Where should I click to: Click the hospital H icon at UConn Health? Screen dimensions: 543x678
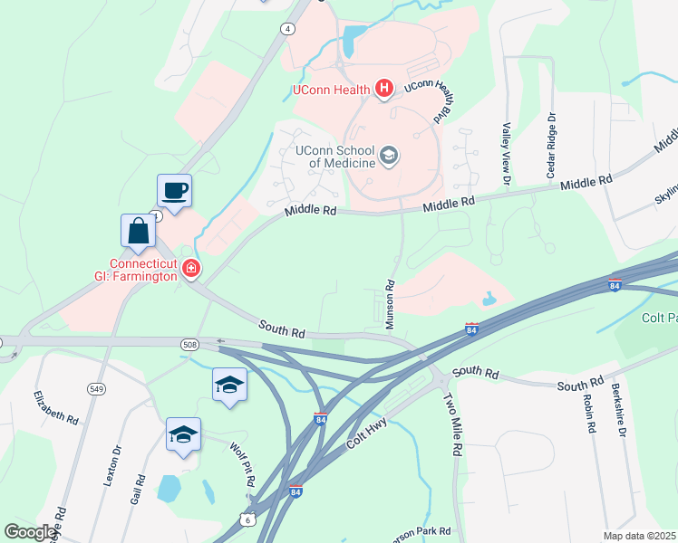click(x=383, y=89)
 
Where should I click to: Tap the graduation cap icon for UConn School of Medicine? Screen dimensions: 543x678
click(x=389, y=156)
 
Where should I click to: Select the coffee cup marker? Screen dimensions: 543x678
click(x=174, y=191)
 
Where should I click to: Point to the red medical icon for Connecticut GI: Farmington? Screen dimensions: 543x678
click(x=190, y=268)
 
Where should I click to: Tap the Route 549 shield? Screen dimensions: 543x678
click(x=97, y=388)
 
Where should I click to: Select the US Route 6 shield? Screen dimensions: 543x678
click(x=248, y=519)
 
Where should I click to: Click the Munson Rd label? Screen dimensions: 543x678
click(x=391, y=303)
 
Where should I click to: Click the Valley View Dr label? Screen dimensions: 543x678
click(x=507, y=148)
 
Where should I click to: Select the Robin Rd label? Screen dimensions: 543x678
click(x=587, y=414)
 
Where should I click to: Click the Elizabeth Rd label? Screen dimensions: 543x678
click(x=56, y=407)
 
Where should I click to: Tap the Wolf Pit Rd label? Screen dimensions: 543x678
click(x=241, y=465)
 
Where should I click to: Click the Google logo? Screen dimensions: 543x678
click(x=31, y=531)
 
